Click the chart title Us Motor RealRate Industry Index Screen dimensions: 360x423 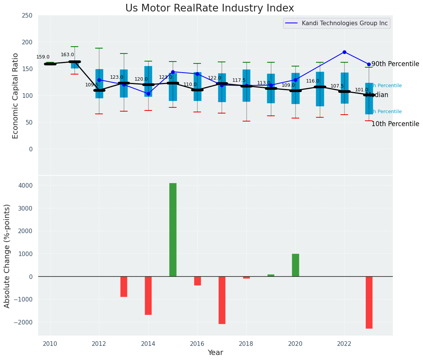click(x=209, y=8)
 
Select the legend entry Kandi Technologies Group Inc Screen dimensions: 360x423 click(x=344, y=23)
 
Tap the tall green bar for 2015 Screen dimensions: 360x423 click(x=173, y=229)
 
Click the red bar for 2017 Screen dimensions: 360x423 click(x=222, y=300)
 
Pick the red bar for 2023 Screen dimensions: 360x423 click(x=369, y=302)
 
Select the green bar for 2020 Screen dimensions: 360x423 click(x=295, y=265)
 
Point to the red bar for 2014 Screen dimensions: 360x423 click(x=148, y=295)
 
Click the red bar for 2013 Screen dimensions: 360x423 click(x=124, y=287)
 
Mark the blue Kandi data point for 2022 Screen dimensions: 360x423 click(x=344, y=52)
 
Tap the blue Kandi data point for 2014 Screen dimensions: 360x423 click(x=148, y=94)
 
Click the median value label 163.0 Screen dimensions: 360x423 click(x=67, y=55)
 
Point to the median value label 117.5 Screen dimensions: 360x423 click(x=239, y=80)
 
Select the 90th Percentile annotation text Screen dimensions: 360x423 click(x=395, y=64)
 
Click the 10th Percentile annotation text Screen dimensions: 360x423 click(x=395, y=124)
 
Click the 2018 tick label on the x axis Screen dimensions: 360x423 click(x=246, y=344)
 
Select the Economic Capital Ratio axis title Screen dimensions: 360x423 click(x=16, y=96)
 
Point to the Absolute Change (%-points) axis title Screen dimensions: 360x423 click(x=7, y=256)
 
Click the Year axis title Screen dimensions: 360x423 click(x=215, y=353)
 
